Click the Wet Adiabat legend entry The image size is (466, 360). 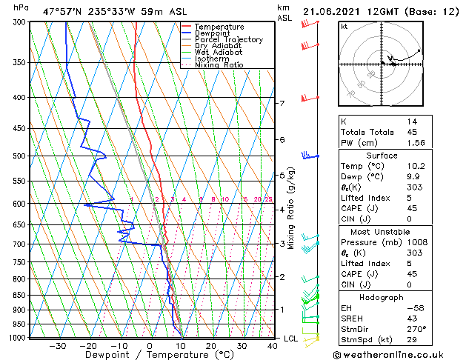pos(215,52)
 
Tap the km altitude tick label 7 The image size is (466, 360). pos(282,103)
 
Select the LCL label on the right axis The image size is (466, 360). pos(291,339)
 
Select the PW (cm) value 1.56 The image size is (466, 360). pos(415,143)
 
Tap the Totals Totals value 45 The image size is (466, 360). pos(412,132)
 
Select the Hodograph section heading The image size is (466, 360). pos(382,297)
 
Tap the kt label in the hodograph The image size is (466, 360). pos(344,26)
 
